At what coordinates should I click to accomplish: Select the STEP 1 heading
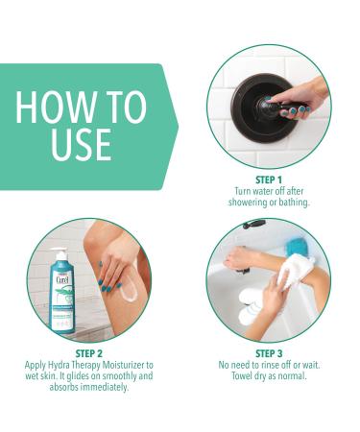(x=269, y=179)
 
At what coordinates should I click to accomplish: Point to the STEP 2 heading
(x=88, y=354)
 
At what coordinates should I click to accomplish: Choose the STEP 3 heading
(x=269, y=354)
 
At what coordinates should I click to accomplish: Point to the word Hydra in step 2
(x=60, y=366)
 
